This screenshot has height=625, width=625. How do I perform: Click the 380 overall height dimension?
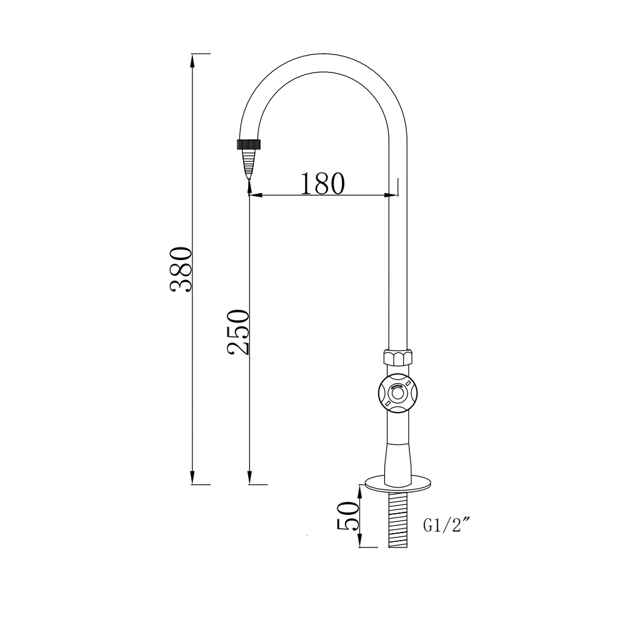point(181,269)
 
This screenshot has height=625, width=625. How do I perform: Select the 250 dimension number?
point(238,332)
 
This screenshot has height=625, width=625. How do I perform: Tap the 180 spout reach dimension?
point(322,183)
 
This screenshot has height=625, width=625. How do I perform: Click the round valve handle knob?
point(397,393)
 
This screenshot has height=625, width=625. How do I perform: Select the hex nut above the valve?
point(397,359)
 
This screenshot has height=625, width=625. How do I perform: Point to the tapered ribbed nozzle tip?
point(249,163)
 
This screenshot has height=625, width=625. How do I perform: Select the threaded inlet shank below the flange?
point(397,519)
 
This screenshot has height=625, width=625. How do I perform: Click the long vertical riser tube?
point(397,262)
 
